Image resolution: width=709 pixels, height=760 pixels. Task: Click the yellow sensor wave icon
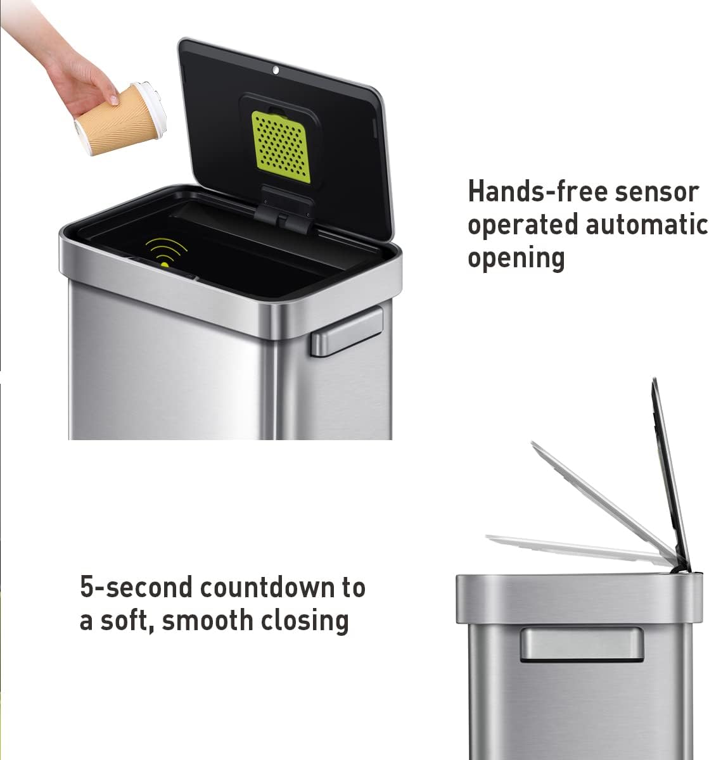[x=163, y=252]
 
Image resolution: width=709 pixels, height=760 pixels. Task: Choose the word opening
[x=516, y=258]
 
